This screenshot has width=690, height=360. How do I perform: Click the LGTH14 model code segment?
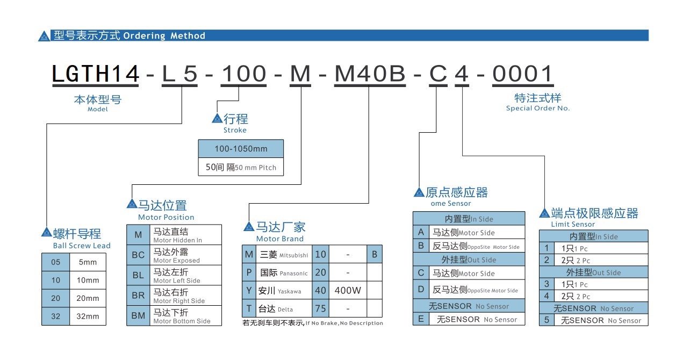(x=96, y=75)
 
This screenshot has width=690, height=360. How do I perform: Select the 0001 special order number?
(x=522, y=75)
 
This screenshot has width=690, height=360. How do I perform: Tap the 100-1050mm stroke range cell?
(x=241, y=149)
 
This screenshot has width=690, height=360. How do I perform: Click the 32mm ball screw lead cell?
(x=88, y=316)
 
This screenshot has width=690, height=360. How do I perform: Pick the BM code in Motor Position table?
(x=139, y=315)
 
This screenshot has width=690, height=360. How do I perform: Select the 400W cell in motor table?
(x=348, y=291)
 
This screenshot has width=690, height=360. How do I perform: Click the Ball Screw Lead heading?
(x=82, y=246)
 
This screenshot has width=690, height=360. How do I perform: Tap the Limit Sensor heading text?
(x=573, y=224)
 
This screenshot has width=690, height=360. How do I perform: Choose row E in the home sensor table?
(x=421, y=319)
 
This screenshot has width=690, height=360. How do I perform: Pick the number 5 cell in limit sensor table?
(x=547, y=320)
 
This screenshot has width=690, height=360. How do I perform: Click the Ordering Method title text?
(x=164, y=36)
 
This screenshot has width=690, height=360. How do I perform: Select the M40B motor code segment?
(x=370, y=75)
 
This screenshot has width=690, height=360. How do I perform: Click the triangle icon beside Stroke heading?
(x=217, y=119)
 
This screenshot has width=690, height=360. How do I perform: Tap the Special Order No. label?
(x=537, y=108)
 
